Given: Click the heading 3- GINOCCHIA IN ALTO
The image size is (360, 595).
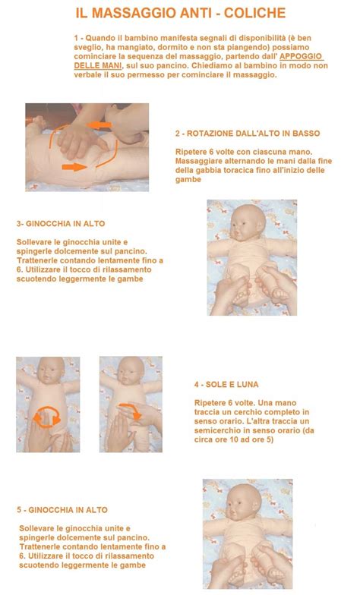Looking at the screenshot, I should tap(60, 224).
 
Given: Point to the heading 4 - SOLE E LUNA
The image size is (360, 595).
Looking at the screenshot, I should tap(226, 385).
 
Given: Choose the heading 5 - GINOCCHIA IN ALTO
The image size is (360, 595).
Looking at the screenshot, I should tap(62, 510).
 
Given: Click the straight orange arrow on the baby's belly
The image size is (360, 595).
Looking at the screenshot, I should tap(74, 165).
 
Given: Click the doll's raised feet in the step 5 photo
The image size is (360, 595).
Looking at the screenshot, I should tap(248, 568).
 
